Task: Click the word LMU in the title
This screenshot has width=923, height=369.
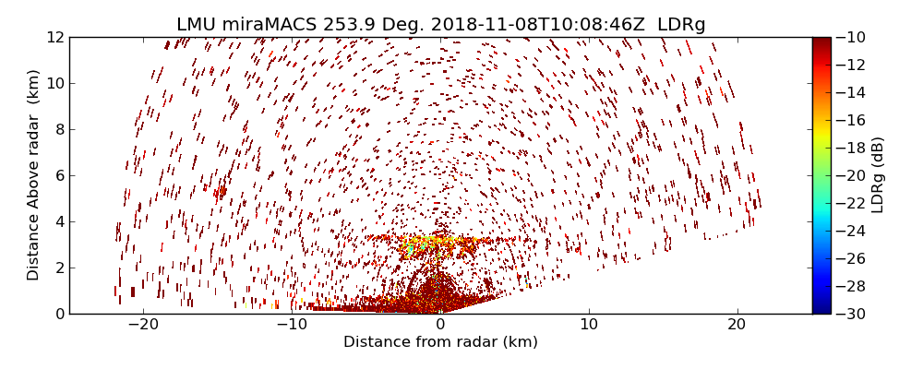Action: click(x=197, y=25)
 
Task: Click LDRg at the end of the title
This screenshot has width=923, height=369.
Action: click(x=681, y=25)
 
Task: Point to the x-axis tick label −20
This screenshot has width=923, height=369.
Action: click(x=143, y=325)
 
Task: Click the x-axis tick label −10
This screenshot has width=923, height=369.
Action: click(x=292, y=325)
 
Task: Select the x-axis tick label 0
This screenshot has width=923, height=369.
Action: click(x=440, y=325)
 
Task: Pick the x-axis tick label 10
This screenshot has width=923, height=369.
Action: click(x=589, y=325)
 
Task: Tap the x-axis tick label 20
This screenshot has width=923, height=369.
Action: click(x=737, y=325)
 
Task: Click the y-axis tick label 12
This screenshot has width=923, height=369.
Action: click(x=54, y=38)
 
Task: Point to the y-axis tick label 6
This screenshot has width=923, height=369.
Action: click(x=58, y=175)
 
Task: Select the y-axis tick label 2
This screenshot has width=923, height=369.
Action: click(x=58, y=268)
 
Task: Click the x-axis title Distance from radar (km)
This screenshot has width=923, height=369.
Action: click(x=440, y=342)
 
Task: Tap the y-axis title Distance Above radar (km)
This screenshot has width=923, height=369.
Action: click(x=34, y=175)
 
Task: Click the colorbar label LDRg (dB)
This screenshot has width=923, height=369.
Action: click(x=877, y=175)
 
